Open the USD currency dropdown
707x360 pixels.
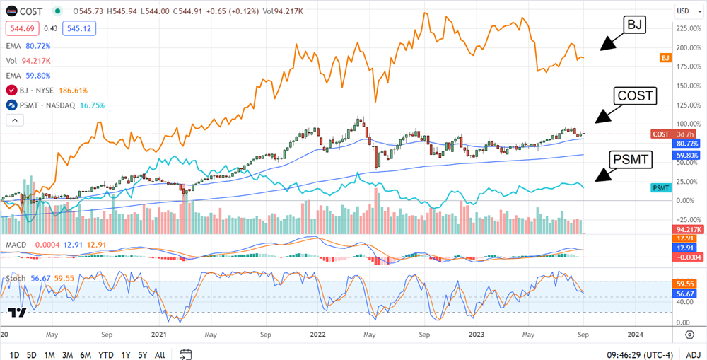tap(684, 11)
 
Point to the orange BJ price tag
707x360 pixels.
tap(665, 57)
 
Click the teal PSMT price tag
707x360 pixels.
tap(660, 187)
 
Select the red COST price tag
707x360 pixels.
tap(660, 134)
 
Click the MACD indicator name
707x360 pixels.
tap(17, 244)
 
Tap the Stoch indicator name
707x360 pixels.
tap(16, 278)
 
